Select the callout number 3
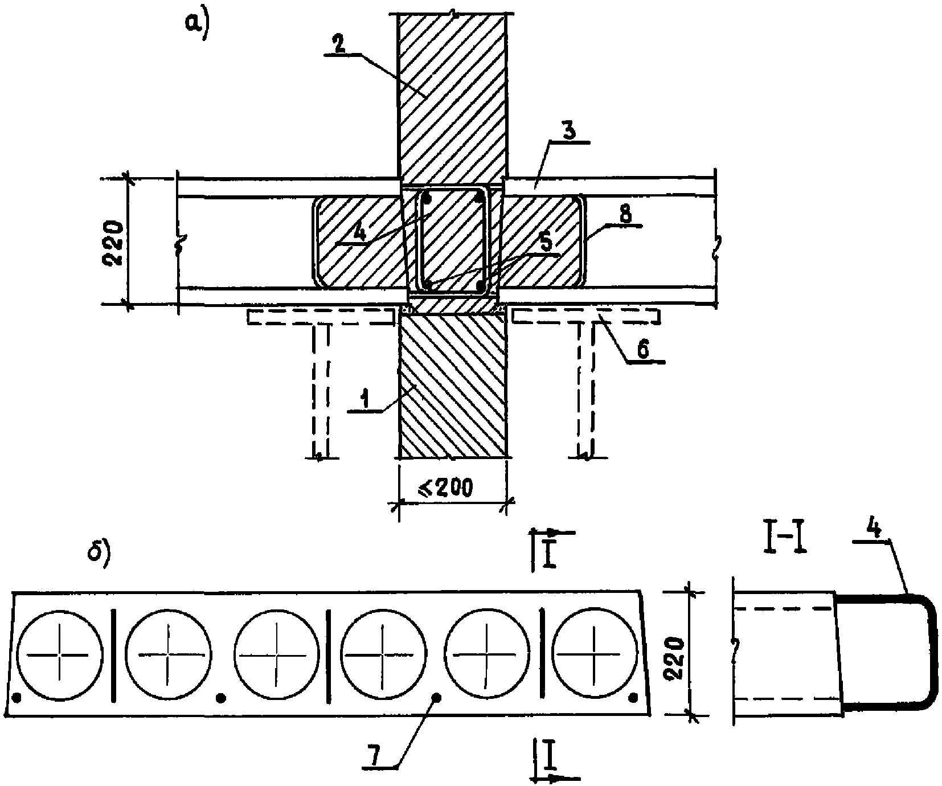click(x=569, y=130)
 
